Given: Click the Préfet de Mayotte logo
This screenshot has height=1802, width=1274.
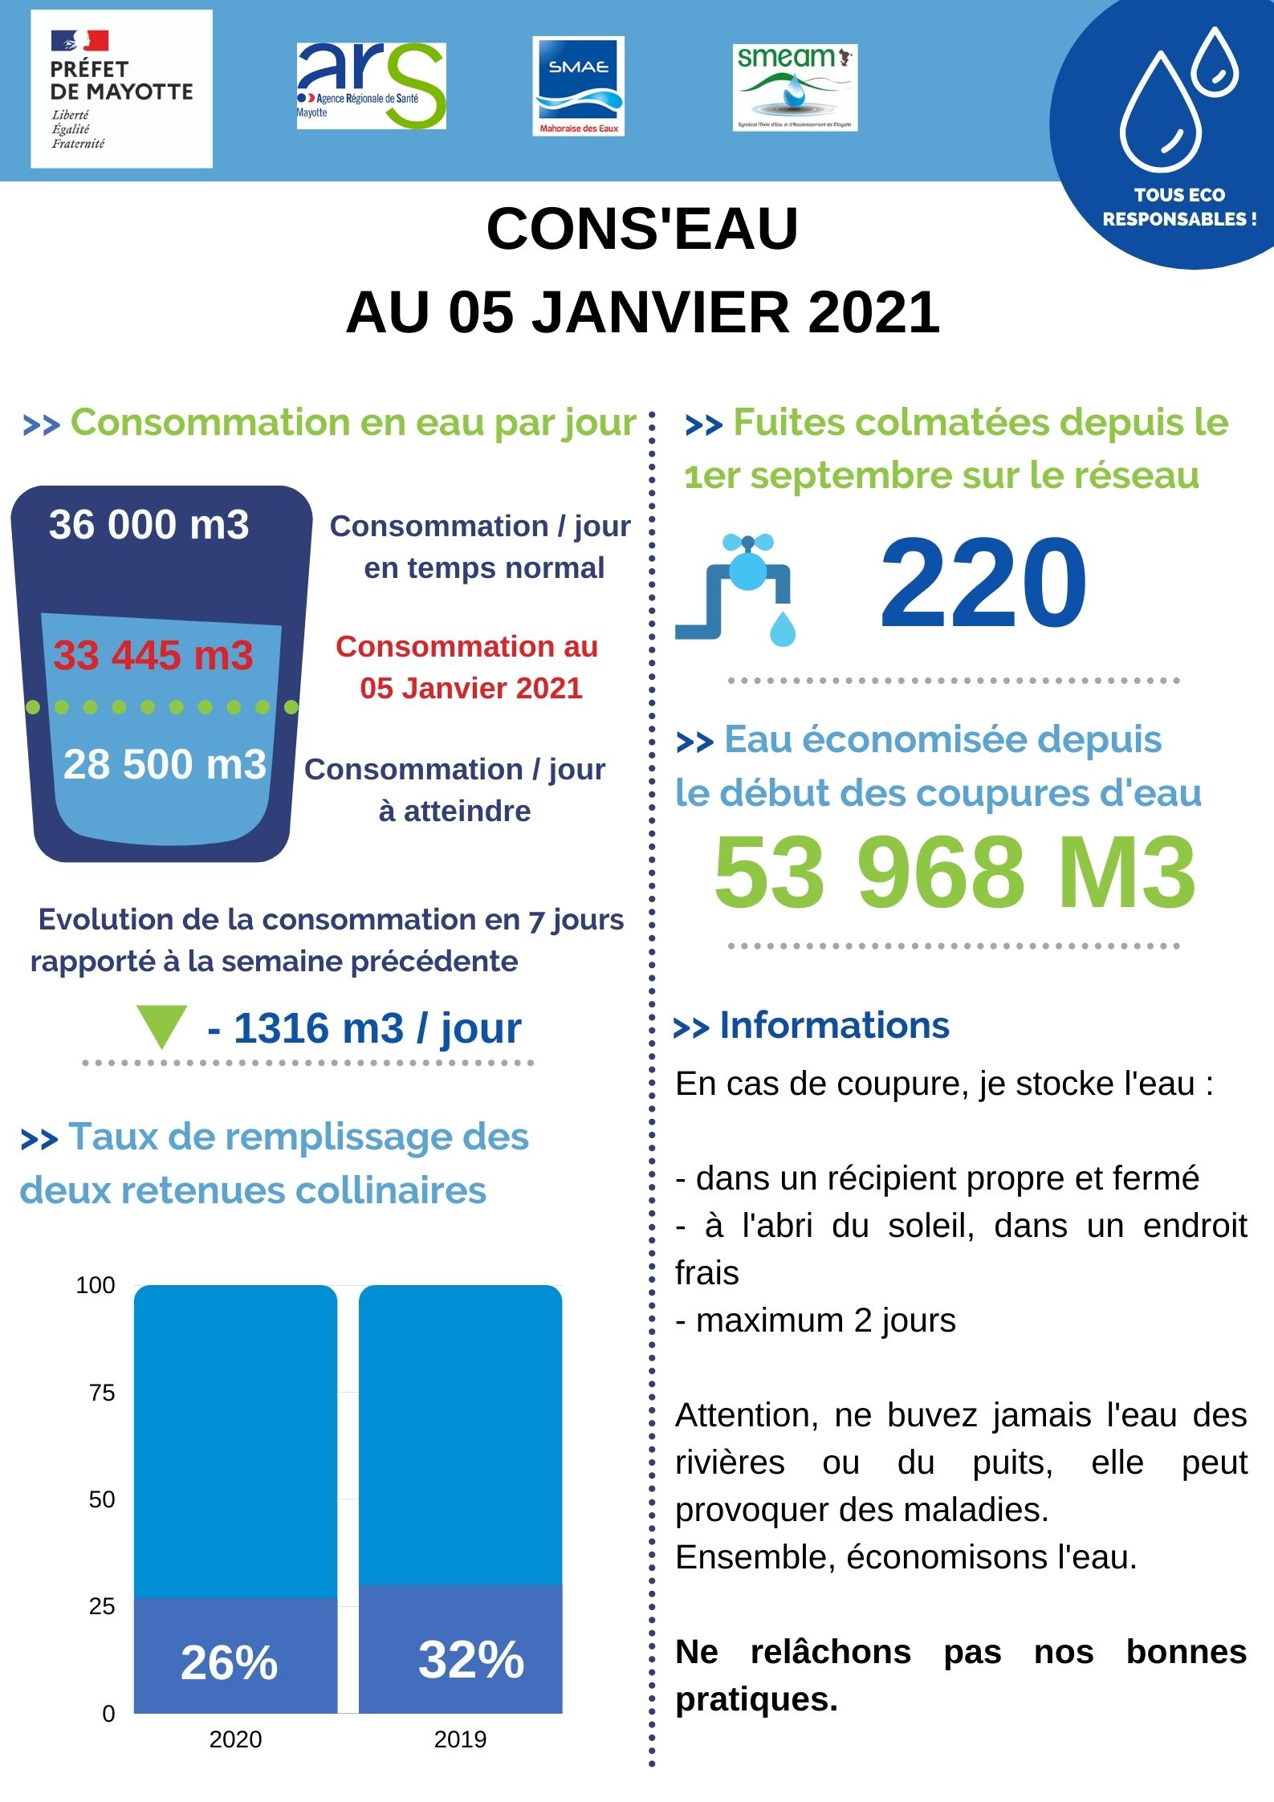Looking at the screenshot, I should (121, 89).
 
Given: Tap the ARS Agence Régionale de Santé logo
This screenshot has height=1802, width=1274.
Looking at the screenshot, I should (371, 86).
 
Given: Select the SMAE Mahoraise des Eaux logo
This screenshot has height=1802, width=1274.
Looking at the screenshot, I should (578, 86).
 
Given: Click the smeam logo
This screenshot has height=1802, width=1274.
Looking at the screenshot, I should (795, 87).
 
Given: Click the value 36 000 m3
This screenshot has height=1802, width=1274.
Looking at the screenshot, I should (149, 525).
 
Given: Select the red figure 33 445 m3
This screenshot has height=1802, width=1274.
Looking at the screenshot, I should (153, 655).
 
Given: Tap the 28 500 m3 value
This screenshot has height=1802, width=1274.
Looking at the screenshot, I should (165, 764).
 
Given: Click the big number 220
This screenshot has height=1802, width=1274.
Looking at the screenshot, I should (983, 584).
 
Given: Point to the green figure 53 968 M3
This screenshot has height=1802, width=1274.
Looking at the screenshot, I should (954, 873).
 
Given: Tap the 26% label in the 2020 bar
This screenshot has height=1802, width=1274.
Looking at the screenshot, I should (230, 1662).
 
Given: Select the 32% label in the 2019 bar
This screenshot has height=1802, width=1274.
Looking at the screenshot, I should (471, 1659).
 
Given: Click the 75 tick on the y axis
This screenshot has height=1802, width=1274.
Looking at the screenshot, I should (102, 1393).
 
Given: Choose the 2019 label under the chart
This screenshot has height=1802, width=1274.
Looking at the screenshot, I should (460, 1739).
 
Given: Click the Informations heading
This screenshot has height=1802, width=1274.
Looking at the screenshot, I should (834, 1025).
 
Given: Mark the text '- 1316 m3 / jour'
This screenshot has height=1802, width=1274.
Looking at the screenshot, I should (364, 1028).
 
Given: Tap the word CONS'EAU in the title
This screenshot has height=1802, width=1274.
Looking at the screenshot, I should (642, 229).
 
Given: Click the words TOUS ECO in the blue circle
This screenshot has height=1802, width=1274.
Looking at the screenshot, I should (1179, 195).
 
